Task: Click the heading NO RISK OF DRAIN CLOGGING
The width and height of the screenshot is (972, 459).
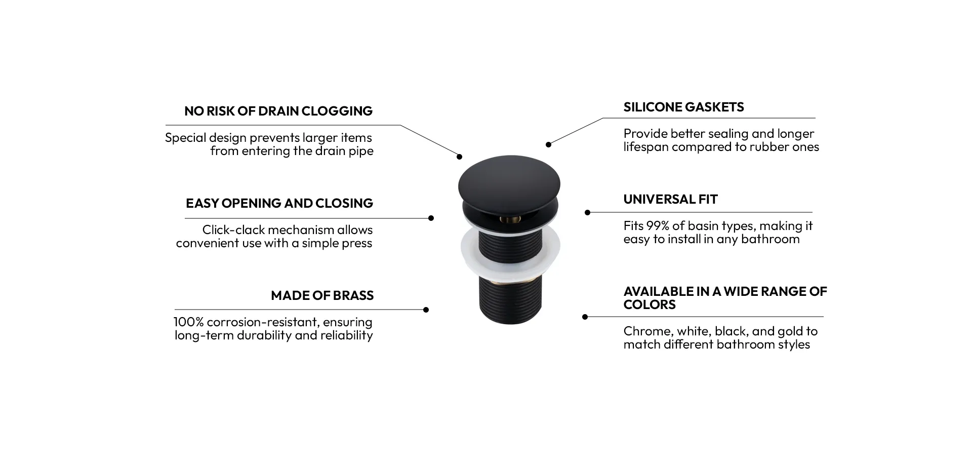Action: pyautogui.click(x=278, y=111)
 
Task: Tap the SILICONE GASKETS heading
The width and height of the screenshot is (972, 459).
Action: pyautogui.click(x=683, y=107)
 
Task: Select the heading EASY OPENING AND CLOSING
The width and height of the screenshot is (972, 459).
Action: pyautogui.click(x=279, y=203)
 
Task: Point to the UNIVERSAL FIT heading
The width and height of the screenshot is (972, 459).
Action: pyautogui.click(x=670, y=199)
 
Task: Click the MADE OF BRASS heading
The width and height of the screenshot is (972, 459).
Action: pyautogui.click(x=322, y=295)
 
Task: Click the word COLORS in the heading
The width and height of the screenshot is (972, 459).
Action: pyautogui.click(x=650, y=304)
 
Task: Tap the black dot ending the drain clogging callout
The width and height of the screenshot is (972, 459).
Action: pyautogui.click(x=460, y=157)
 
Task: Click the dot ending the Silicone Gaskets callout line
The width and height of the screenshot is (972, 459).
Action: pyautogui.click(x=548, y=144)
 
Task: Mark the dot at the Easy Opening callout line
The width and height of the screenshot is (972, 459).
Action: pyautogui.click(x=431, y=218)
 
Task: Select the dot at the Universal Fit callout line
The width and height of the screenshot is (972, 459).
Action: pyautogui.click(x=587, y=212)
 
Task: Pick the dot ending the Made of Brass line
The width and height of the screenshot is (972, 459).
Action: pyautogui.click(x=426, y=310)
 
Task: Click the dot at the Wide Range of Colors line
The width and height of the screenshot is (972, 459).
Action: pyautogui.click(x=585, y=317)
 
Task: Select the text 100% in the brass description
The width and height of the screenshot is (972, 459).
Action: pyautogui.click(x=188, y=322)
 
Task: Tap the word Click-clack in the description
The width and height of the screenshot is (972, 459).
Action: pyautogui.click(x=233, y=230)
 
